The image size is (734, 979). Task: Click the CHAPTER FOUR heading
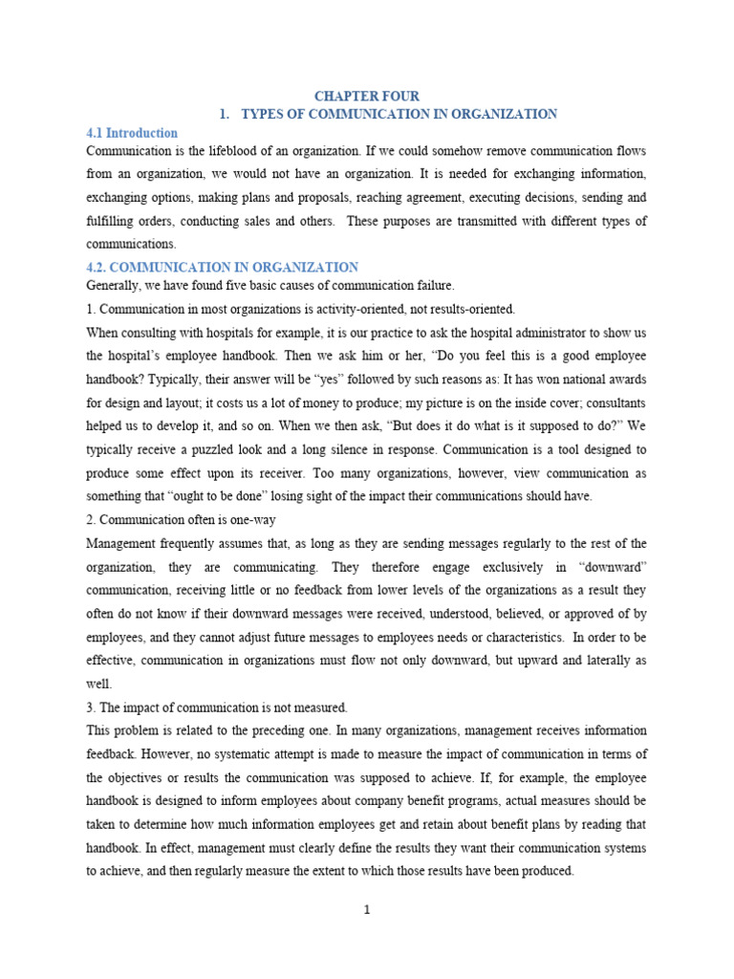[367, 96]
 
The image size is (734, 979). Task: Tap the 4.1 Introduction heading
[132, 133]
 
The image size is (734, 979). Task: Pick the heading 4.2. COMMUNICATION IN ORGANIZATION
[223, 268]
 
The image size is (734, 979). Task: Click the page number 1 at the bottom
[367, 910]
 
